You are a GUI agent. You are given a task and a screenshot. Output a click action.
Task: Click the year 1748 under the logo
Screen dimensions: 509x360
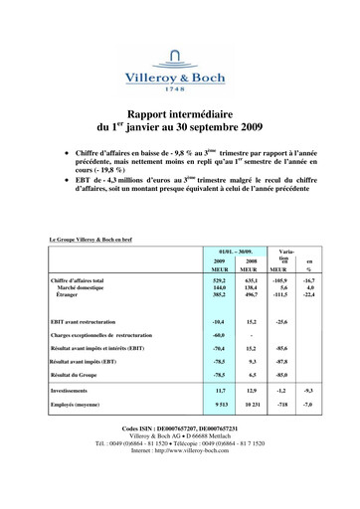(x=180, y=87)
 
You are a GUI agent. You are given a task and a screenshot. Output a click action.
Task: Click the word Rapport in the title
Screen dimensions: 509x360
(x=150, y=115)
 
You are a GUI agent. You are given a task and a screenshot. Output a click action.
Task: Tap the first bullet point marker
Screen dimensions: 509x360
(x=65, y=155)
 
